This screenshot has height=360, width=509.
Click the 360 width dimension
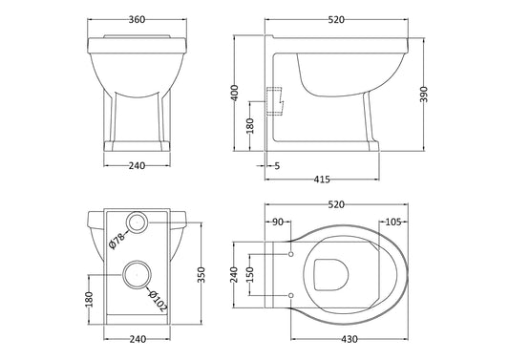click(137, 19)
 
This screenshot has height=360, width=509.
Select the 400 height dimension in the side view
click(236, 93)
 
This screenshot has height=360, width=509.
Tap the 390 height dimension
click(424, 95)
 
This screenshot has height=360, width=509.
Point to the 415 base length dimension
click(322, 180)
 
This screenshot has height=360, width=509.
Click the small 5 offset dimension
click(277, 166)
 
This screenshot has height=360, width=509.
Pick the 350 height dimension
click(201, 275)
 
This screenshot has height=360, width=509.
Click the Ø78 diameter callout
click(117, 241)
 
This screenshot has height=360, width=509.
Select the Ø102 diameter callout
click(159, 301)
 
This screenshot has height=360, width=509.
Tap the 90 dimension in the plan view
click(278, 222)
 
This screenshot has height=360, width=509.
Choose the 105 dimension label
click(393, 222)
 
